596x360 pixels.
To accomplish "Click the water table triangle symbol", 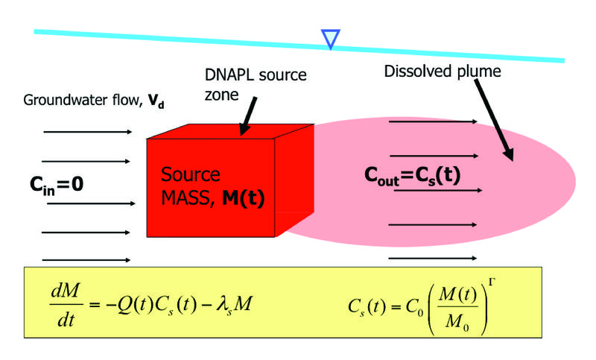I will [x=329, y=38].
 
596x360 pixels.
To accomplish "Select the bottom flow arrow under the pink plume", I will [x=433, y=258].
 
